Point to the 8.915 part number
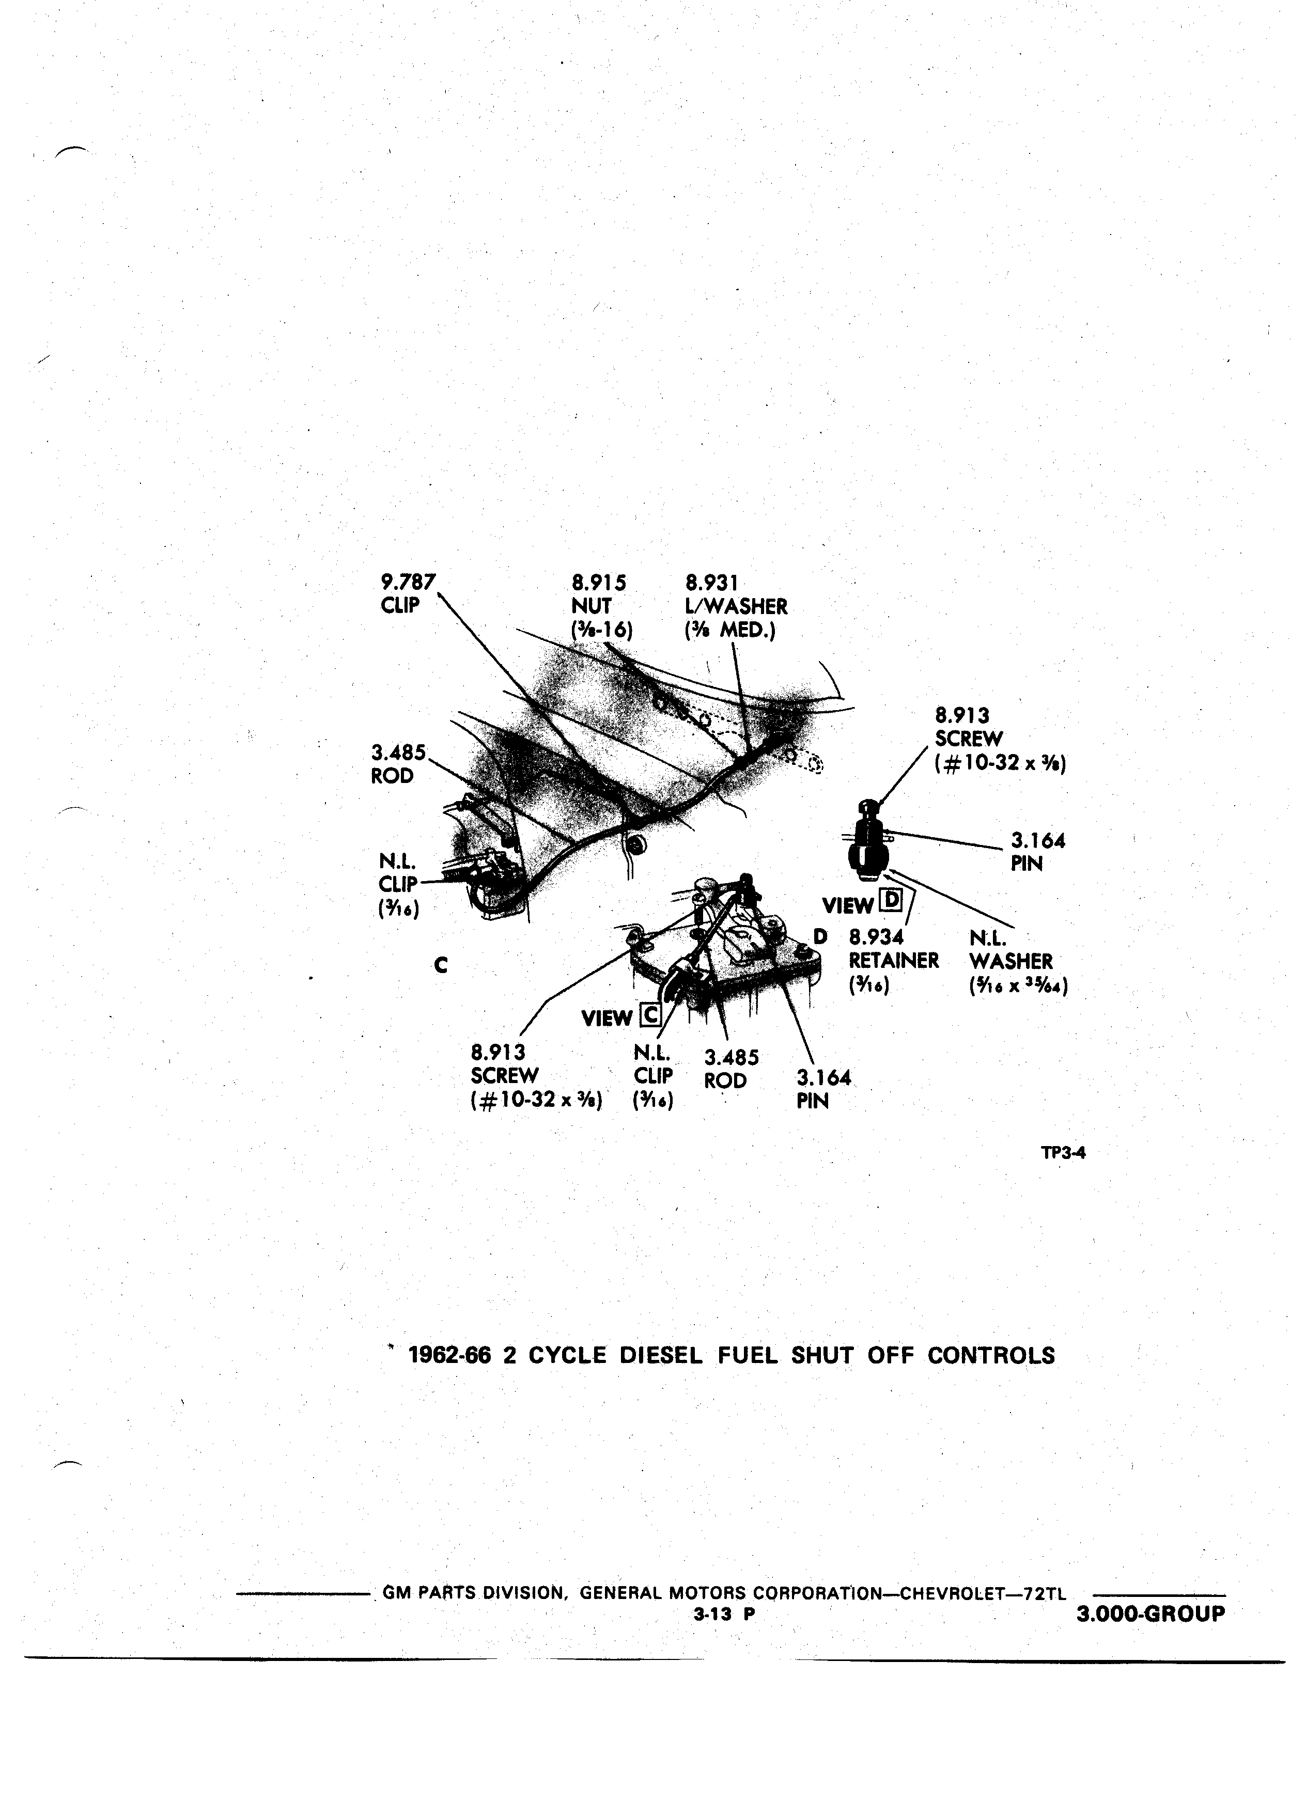click(x=599, y=582)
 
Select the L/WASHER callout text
click(x=736, y=607)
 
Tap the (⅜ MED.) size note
click(x=730, y=631)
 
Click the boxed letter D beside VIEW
click(x=891, y=902)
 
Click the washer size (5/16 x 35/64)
click(x=1018, y=984)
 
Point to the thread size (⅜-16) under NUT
click(x=601, y=631)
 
